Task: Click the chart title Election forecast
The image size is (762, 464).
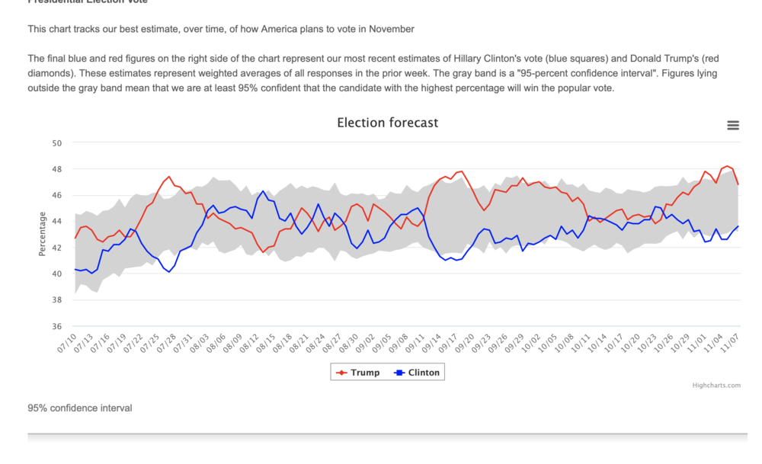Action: pyautogui.click(x=387, y=123)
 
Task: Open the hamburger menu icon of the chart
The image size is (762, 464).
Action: pyautogui.click(x=733, y=126)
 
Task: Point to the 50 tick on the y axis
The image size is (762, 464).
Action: pyautogui.click(x=57, y=142)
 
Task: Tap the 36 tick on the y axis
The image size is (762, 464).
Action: pyautogui.click(x=57, y=327)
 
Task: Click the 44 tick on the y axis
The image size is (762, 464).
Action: pyautogui.click(x=57, y=221)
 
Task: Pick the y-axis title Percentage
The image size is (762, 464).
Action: pyautogui.click(x=43, y=234)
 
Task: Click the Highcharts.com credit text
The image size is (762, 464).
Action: pyautogui.click(x=716, y=386)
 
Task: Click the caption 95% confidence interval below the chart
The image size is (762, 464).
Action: pyautogui.click(x=80, y=408)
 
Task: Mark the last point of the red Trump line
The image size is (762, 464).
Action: pyautogui.click(x=738, y=184)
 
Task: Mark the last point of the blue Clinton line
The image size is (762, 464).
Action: pyautogui.click(x=738, y=226)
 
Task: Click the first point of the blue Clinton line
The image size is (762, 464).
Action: pyautogui.click(x=75, y=270)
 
